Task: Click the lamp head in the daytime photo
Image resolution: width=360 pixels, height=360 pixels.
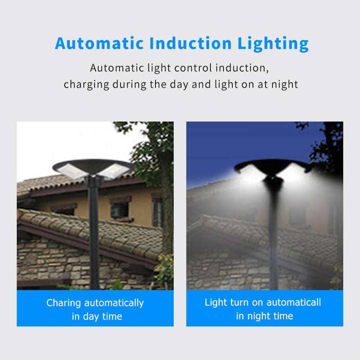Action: [x=93, y=169]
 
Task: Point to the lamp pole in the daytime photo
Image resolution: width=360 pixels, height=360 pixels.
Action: [x=94, y=235]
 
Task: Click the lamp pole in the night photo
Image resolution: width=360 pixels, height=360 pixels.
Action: [x=273, y=240]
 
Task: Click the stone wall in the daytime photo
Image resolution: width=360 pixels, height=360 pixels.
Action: [x=55, y=265]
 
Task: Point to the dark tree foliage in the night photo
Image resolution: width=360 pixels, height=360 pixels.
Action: [x=327, y=145]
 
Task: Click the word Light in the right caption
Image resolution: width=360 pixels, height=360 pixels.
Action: [x=215, y=302]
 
